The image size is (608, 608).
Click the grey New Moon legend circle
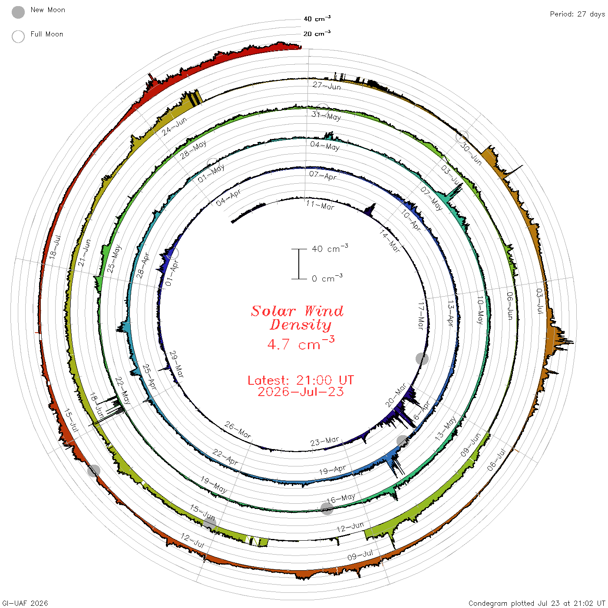coord(18,12)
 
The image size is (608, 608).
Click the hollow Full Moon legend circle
coord(18,36)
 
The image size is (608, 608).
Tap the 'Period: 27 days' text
coord(577,14)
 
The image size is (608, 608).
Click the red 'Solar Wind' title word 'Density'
coord(301,325)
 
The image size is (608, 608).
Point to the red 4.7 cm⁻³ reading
coord(301,344)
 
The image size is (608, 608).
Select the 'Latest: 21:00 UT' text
coord(301,380)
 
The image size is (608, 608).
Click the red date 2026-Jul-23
coord(301,392)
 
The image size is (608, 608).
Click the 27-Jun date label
coord(327,86)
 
